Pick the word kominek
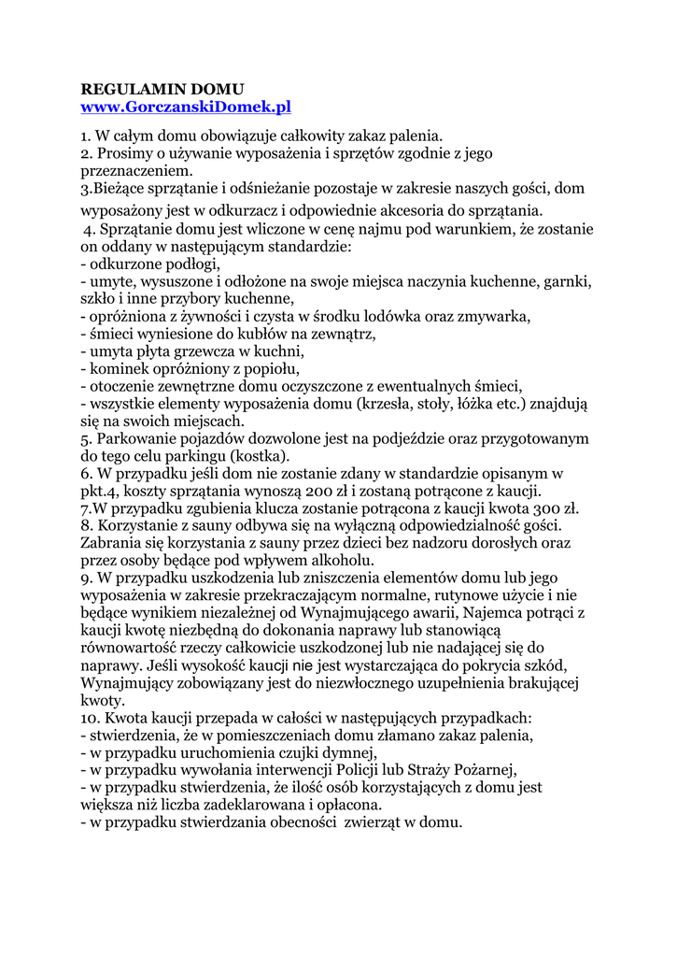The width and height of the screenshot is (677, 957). (120, 368)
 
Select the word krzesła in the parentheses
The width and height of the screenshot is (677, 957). (387, 404)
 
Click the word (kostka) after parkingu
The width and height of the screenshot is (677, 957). (261, 456)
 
